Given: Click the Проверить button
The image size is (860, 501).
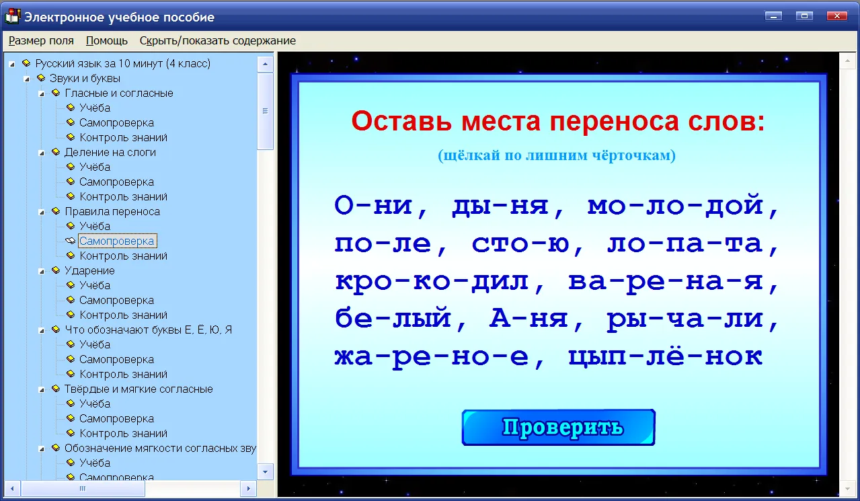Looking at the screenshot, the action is pos(559,427).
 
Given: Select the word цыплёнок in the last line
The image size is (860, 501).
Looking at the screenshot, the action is pos(666,356).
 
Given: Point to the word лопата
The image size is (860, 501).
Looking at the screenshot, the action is pos(685,244).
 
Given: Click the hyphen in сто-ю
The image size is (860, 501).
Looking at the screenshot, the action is pos(539,245).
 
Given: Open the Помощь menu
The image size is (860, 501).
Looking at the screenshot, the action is pos(107,41).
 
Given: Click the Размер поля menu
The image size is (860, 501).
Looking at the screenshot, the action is pos(41,41).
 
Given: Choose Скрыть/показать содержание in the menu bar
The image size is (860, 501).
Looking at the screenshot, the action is pos(218,41).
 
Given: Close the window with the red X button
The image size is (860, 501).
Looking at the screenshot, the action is pos(837,16).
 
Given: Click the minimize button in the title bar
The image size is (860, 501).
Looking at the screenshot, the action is pos(773,16).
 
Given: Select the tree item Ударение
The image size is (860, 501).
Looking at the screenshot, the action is pos(89,270).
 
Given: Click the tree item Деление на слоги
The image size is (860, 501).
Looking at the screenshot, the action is pos(110,153).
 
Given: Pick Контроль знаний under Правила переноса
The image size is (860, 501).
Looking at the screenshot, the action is pos(123,256).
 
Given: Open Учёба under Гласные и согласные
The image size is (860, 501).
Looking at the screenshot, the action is pos(95,108).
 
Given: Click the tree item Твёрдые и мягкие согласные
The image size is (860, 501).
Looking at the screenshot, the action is pos(139,389).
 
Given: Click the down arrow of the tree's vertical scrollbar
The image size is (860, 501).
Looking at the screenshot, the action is pos(266,472).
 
